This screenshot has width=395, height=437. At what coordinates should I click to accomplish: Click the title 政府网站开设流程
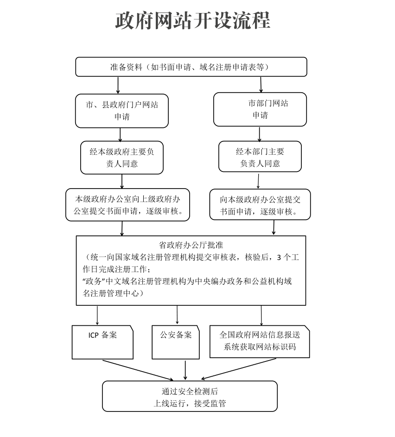tap(192, 20)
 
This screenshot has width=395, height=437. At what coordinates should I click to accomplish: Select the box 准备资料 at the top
tap(191, 67)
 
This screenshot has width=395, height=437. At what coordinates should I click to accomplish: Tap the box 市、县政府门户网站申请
tap(122, 111)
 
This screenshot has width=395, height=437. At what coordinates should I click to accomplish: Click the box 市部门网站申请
tap(260, 109)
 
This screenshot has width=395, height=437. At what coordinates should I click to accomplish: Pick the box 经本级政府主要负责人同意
tap(122, 158)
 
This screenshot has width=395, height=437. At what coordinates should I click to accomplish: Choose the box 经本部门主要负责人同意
tap(260, 157)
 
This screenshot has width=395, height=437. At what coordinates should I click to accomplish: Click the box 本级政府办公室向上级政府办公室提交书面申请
tap(127, 205)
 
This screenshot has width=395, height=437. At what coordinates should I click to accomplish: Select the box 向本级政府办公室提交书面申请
tap(260, 204)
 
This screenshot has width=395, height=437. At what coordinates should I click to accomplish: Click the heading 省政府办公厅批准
tap(191, 245)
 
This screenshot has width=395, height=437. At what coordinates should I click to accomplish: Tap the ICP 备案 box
tap(102, 342)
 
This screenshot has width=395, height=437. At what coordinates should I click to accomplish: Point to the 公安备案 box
tap(176, 342)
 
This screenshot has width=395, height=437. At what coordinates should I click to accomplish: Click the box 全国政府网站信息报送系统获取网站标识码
tap(260, 342)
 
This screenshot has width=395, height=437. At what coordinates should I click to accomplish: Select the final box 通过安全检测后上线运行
tap(190, 396)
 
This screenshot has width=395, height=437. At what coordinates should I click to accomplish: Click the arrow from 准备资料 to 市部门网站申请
tap(261, 85)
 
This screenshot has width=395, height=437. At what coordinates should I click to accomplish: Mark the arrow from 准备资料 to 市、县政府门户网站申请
tap(118, 85)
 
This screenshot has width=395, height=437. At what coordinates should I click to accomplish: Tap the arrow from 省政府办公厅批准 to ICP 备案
tap(97, 316)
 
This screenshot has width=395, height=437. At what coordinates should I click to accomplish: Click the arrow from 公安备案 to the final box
tap(185, 370)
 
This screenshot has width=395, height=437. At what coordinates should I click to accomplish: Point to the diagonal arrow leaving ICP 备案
tap(138, 370)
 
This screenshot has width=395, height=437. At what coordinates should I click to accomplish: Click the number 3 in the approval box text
tap(279, 258)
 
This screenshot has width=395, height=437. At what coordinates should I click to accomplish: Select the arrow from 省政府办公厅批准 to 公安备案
tap(177, 315)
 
